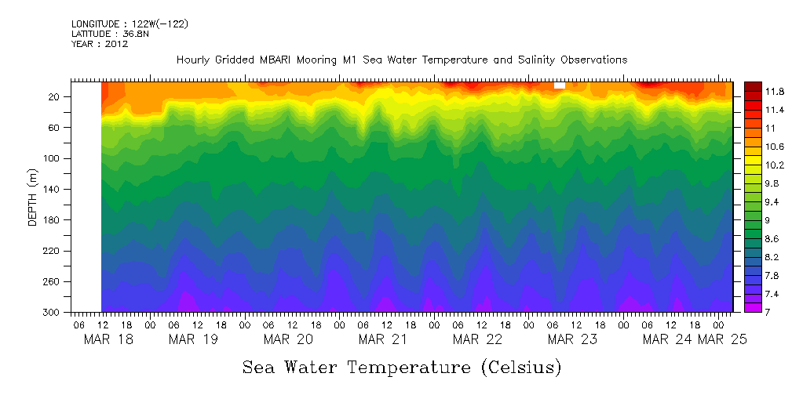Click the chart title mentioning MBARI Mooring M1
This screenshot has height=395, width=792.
coord(402,60)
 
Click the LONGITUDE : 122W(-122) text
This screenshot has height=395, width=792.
coord(130,24)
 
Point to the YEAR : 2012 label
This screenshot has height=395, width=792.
coord(100,44)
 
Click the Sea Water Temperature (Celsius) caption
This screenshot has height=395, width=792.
coord(402,367)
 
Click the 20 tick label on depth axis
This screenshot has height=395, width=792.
coord(55,96)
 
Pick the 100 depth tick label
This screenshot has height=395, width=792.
coord(53,158)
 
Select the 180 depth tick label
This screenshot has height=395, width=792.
coord(53,220)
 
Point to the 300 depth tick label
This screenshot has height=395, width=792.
coord(53,313)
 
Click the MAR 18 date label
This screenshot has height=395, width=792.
coord(108,339)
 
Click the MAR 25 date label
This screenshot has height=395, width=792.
coord(722,339)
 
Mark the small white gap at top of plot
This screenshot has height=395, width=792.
coord(559,85)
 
